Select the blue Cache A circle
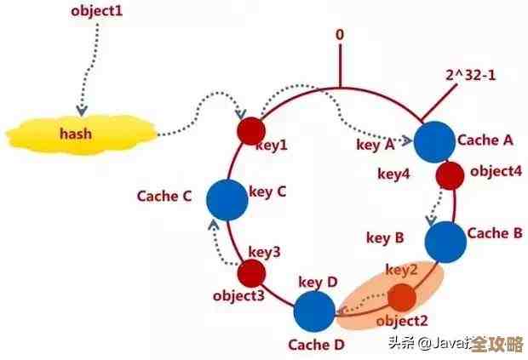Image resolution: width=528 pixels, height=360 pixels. [433, 140]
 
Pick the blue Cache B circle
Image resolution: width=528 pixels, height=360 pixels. [445, 241]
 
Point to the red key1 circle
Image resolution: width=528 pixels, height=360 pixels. [250, 130]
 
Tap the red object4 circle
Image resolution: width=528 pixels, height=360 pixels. [450, 175]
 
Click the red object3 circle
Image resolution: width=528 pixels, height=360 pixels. [252, 273]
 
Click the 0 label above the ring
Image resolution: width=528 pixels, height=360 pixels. [340, 35]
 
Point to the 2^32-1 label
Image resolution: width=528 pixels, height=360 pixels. [471, 75]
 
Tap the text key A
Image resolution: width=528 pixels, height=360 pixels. [376, 145]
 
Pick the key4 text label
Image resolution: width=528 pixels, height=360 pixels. [394, 174]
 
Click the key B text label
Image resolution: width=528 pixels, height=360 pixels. [385, 237]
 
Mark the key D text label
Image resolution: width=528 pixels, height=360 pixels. [318, 281]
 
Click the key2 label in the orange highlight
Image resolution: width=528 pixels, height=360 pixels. [401, 270]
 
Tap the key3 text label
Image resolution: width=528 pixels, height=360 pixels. [264, 252]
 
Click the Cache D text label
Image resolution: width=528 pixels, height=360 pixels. [315, 345]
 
